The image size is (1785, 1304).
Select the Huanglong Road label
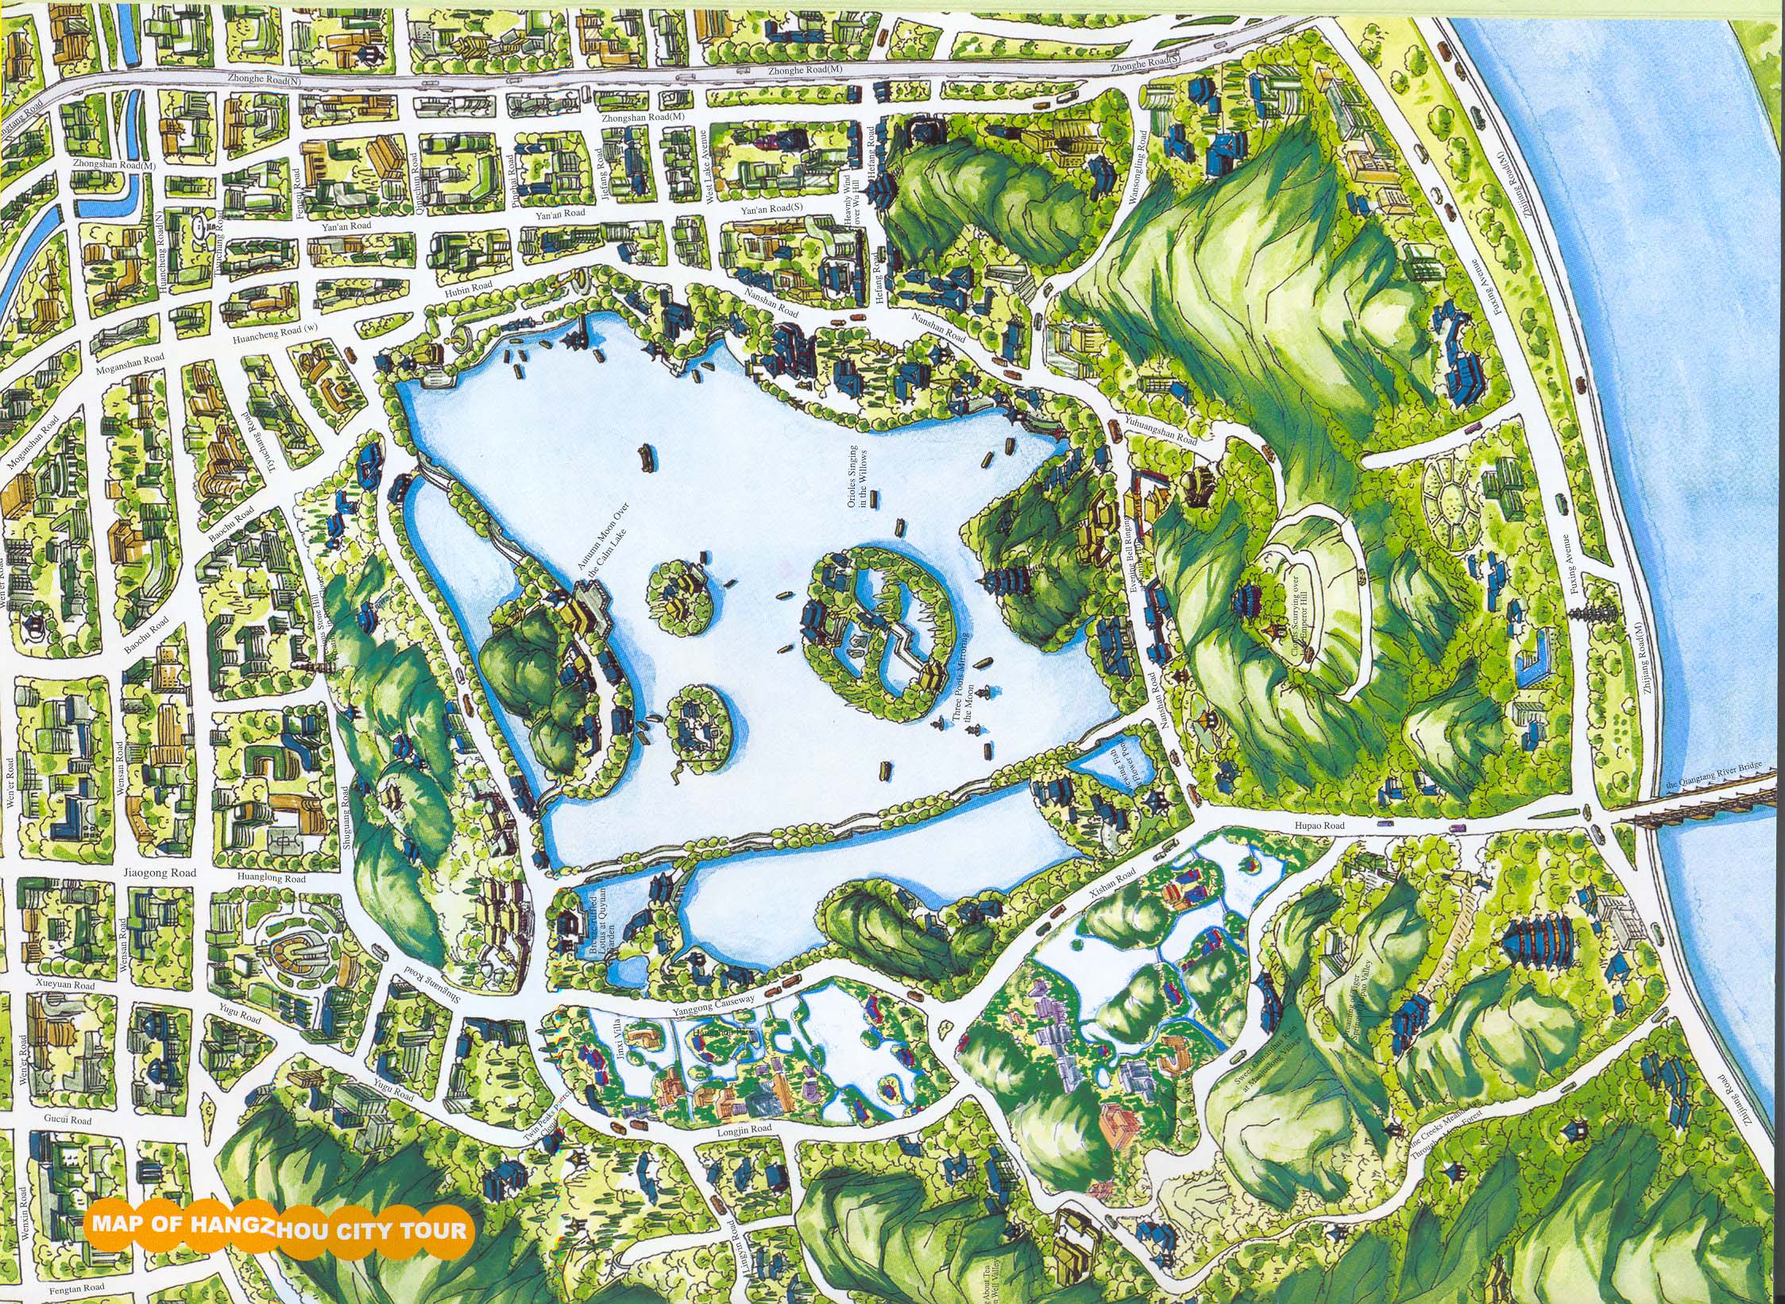(x=270, y=879)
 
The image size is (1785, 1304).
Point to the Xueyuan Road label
(x=66, y=985)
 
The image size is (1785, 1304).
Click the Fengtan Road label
(x=76, y=1287)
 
